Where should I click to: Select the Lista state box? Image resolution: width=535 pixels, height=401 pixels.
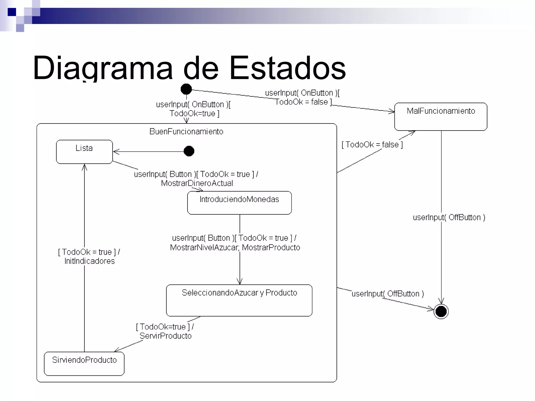click(84, 152)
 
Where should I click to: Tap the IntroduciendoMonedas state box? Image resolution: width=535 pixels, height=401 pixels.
click(239, 203)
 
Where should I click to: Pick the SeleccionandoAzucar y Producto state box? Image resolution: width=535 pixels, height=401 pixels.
click(239, 300)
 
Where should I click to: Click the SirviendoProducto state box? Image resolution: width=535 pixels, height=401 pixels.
click(84, 364)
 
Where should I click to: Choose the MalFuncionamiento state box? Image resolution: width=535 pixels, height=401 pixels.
click(441, 116)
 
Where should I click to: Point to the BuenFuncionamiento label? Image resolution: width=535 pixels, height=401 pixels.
click(186, 131)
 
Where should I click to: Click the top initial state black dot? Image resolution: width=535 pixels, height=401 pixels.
click(186, 89)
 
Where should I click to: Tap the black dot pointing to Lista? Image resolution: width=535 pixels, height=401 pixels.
click(189, 151)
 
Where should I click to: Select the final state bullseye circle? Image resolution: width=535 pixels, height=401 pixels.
click(441, 311)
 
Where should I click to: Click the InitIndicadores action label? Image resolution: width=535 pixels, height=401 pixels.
click(89, 261)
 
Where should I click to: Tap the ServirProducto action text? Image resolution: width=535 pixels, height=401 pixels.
click(166, 336)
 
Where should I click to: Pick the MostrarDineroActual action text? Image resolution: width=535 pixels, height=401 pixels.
click(197, 183)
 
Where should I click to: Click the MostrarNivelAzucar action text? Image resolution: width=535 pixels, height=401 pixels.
click(204, 247)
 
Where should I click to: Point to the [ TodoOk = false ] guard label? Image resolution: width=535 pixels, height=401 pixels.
click(372, 144)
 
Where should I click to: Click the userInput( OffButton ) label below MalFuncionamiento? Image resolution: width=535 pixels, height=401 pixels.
click(449, 217)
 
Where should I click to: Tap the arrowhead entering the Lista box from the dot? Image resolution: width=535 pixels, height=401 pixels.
click(116, 151)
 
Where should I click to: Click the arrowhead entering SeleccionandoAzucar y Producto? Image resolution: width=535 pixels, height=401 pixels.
click(240, 282)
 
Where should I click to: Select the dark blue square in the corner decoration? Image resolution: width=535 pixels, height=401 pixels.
click(12, 12)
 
